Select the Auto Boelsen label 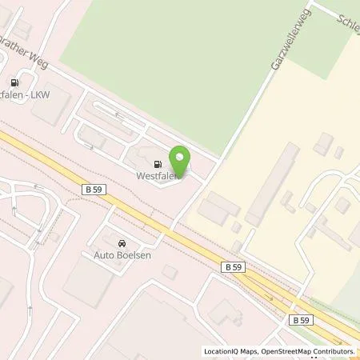coord(117,256)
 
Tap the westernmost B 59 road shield coord(93,189)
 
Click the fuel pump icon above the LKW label coord(15,82)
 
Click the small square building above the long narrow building coord(323,144)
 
